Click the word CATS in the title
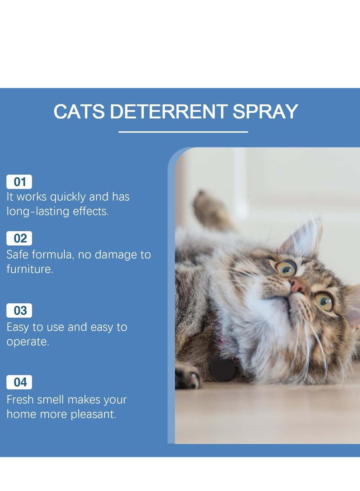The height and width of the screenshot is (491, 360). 79,112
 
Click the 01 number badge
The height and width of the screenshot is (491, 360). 19,182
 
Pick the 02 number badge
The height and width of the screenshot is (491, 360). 19,238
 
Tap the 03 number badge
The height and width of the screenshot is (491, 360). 19,311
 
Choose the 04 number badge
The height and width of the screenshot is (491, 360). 19,383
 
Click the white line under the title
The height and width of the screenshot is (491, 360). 183,132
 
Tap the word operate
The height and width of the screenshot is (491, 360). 27,342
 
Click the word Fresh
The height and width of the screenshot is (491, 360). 22,400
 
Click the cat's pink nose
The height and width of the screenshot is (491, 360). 296,284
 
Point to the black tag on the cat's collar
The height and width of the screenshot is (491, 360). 224,369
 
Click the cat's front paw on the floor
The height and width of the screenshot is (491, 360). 188,376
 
